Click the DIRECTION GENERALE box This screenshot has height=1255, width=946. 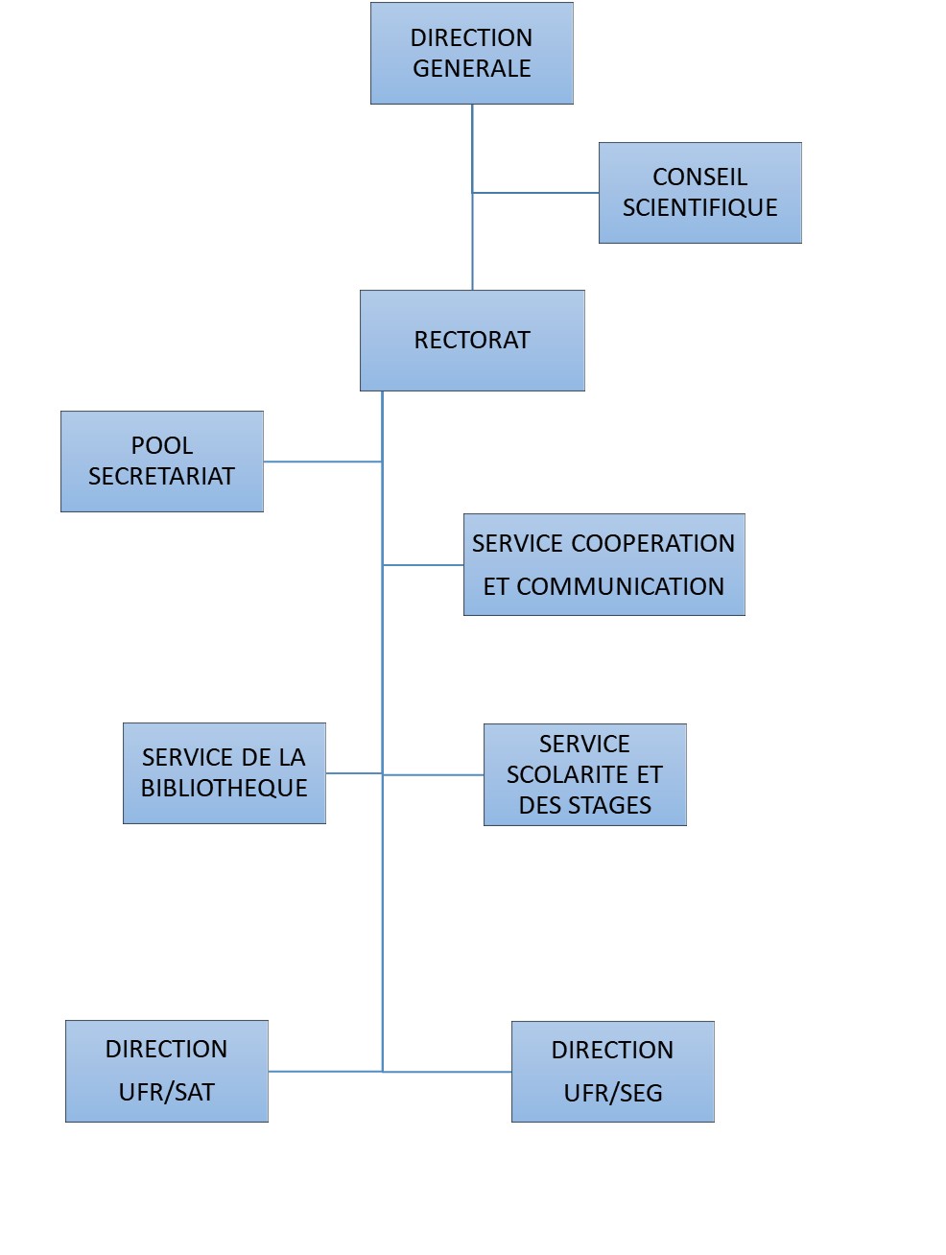471,53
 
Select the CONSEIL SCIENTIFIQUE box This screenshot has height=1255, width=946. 699,192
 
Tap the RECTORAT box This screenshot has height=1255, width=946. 472,340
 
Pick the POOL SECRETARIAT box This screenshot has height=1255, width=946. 161,461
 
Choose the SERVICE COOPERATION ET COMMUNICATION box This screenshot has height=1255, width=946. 603,564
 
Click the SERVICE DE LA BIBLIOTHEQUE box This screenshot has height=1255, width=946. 224,772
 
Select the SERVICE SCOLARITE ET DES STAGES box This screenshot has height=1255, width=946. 584,774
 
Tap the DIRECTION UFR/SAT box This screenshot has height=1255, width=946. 166,1071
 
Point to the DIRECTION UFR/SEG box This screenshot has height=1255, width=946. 612,1072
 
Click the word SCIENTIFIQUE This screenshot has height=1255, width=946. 699,208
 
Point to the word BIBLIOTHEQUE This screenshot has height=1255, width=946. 224,789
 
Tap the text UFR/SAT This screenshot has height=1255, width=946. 166,1092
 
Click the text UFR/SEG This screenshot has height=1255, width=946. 613,1093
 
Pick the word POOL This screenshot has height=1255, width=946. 162,445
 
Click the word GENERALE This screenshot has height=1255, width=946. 471,69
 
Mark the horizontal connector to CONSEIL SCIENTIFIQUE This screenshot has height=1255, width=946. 535,193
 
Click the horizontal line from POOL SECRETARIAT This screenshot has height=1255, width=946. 322,462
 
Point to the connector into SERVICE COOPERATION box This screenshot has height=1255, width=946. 423,565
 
